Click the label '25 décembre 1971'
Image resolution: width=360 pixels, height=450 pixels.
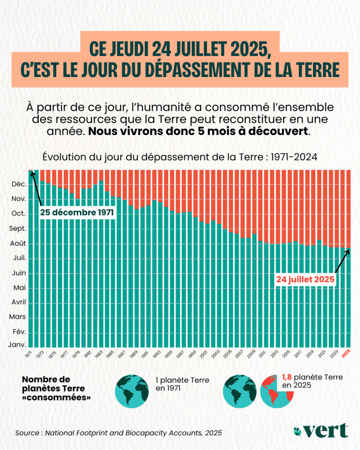[x=77, y=212]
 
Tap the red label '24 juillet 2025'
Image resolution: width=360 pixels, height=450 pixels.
[x=305, y=279]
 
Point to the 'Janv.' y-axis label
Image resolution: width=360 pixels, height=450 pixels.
[x=17, y=345]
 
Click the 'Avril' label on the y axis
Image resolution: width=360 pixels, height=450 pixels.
[x=17, y=302]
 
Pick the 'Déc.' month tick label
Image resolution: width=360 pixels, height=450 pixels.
[x=18, y=184]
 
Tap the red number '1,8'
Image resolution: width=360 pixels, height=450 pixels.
[x=286, y=377]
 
